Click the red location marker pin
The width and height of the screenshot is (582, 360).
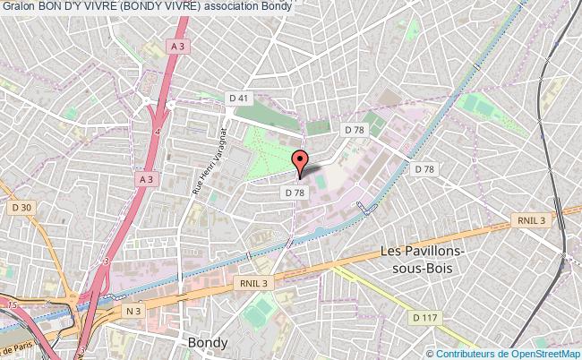point(300,161)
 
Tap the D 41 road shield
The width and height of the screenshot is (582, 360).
point(237,97)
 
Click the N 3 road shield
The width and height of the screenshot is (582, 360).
point(133,311)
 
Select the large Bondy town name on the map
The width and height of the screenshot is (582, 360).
point(207,342)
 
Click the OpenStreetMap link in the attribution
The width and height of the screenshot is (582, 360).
point(541,353)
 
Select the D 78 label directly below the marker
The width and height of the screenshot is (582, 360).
point(295,193)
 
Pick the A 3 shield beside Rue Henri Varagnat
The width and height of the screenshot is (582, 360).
point(147,179)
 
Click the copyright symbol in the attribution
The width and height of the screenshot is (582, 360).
point(430,353)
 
